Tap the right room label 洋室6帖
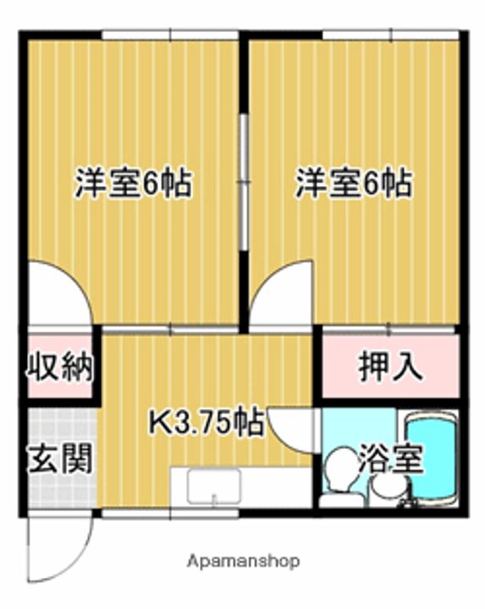(354, 184)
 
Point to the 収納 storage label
(57, 369)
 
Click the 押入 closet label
(390, 367)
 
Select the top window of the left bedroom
(169, 35)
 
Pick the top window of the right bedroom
(390, 35)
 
